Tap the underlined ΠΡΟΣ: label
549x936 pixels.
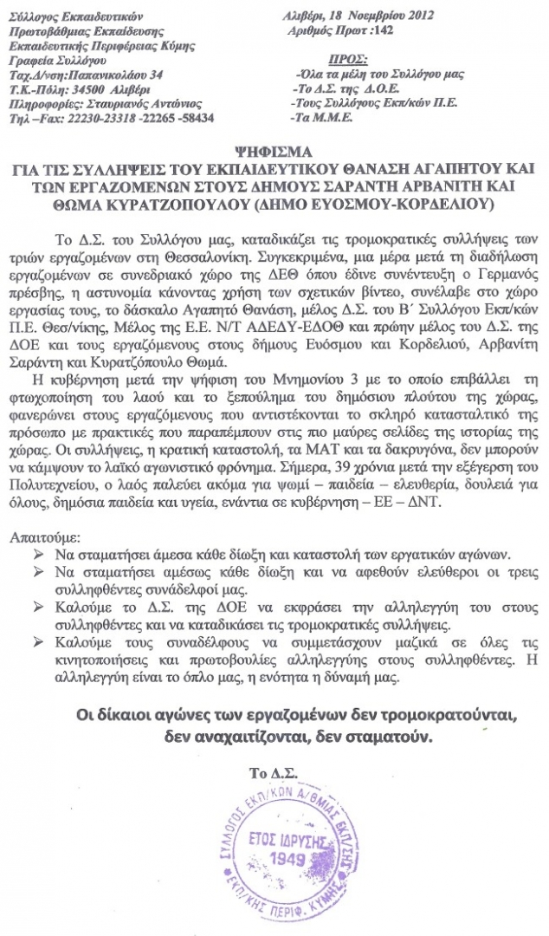(349, 59)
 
